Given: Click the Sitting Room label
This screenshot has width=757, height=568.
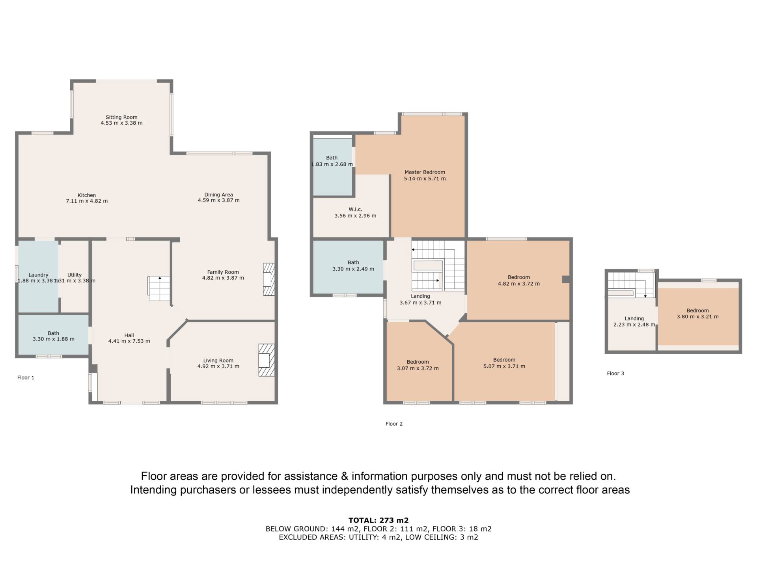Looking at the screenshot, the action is pos(121,117).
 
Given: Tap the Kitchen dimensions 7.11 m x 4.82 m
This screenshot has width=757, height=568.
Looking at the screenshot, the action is pos(87,201).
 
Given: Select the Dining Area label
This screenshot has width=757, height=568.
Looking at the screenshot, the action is pos(218,194).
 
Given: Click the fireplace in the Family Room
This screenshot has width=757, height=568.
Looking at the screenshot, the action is pos(269,279).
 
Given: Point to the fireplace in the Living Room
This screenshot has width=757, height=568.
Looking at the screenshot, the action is pos(267,360).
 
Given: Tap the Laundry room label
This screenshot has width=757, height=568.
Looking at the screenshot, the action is pos(38,275).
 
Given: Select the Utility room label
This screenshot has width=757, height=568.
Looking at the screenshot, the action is pos(75,275).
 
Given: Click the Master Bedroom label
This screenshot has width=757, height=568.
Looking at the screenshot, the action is pos(425,172).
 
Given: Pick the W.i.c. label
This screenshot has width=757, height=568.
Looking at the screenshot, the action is pos(355,209).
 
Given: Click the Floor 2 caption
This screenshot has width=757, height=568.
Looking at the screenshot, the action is pos(394,424).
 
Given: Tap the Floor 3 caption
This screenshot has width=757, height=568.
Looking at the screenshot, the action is pos(615,373).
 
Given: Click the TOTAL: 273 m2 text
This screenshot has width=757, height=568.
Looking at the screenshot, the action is pos(378,520).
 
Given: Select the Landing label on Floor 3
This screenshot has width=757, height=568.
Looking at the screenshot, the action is pos(634,319).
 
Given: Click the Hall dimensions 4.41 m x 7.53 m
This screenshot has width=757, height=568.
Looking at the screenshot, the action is pos(129,341).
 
